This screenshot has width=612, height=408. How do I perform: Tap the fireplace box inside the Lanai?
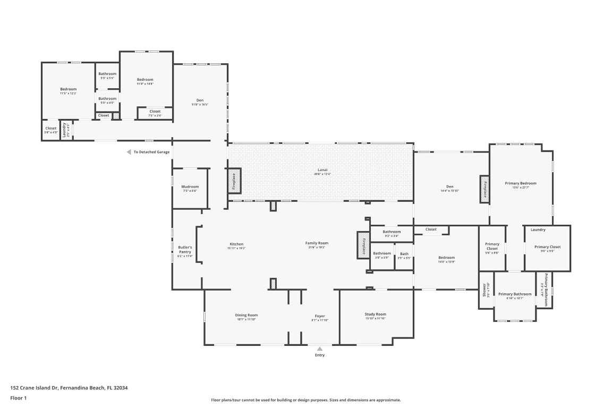click(234, 181)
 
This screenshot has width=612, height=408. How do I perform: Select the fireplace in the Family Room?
click(363, 245)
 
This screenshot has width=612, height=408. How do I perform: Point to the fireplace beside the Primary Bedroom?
click(484, 189)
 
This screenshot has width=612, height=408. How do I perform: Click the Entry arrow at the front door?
click(320, 348)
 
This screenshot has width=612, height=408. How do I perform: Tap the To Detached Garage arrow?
click(129, 152)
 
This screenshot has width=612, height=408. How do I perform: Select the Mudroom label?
click(190, 186)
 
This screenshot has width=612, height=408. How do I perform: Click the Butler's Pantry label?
click(185, 249)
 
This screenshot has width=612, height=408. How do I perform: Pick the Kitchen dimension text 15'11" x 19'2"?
click(236, 248)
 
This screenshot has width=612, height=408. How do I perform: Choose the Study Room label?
click(376, 314)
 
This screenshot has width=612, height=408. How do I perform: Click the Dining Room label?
click(246, 315)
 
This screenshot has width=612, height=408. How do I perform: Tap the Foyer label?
click(320, 316)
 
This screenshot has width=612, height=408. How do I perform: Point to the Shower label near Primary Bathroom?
click(485, 290)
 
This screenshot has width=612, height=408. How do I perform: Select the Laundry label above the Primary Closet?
click(538, 229)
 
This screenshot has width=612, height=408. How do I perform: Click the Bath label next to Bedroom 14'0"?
click(404, 253)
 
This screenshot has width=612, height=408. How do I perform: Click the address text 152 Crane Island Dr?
click(69, 388)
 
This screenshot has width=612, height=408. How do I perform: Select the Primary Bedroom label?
click(520, 183)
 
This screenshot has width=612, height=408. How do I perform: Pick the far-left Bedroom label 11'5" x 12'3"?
click(68, 89)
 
